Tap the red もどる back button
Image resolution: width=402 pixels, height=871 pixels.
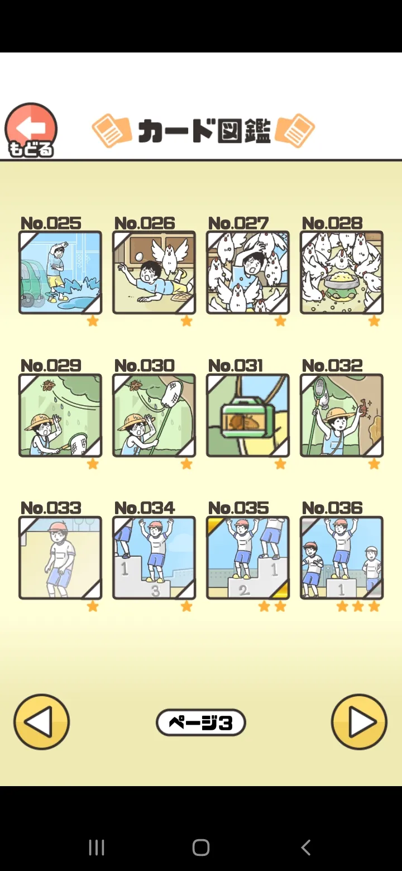pyautogui.click(x=31, y=130)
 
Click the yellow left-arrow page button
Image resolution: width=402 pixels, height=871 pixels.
pyautogui.click(x=42, y=722)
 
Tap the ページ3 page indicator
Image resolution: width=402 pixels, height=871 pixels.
pyautogui.click(x=200, y=722)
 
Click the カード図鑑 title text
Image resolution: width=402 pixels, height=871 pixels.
pyautogui.click(x=204, y=131)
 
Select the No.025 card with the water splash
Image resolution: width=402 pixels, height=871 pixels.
pyautogui.click(x=60, y=272)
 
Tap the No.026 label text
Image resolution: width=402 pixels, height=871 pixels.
pyautogui.click(x=145, y=223)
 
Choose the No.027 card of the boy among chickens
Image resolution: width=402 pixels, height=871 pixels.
pyautogui.click(x=248, y=272)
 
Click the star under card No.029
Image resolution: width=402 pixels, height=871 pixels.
pyautogui.click(x=93, y=463)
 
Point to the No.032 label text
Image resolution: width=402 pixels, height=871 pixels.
pyautogui.click(x=332, y=365)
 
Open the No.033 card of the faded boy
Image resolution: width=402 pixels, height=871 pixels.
pyautogui.click(x=60, y=558)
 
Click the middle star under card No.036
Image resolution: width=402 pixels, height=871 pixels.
pyautogui.click(x=358, y=606)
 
